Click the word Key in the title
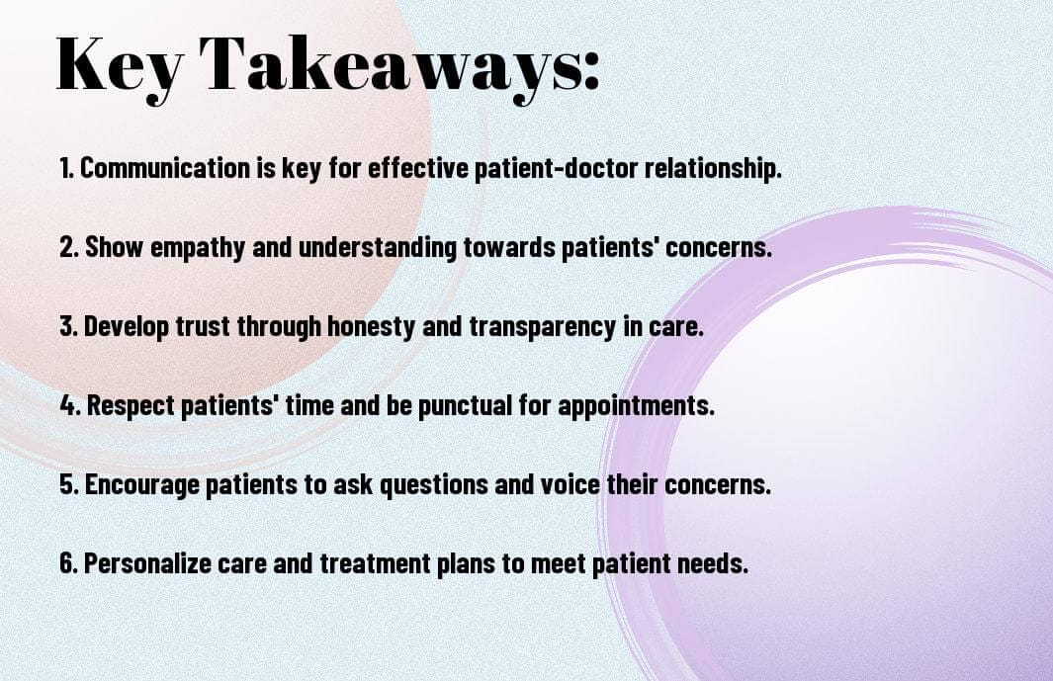pos(119,64)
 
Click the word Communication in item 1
pos(164,168)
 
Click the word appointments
pos(636,406)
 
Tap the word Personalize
pos(147,562)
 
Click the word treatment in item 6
pos(375,563)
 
